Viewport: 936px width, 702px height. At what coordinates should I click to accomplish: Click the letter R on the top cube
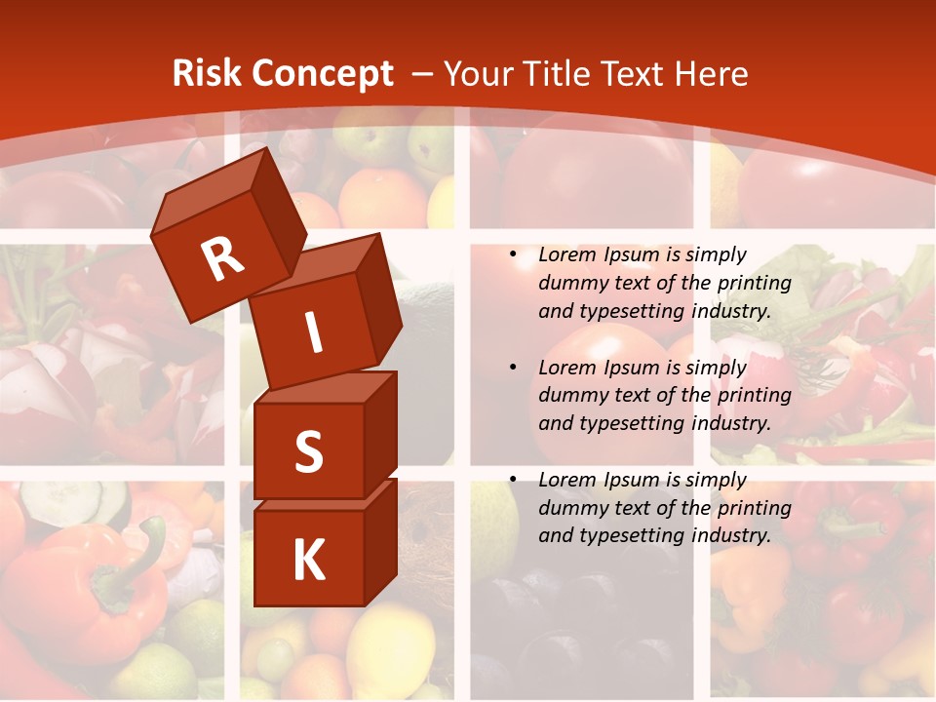click(222, 259)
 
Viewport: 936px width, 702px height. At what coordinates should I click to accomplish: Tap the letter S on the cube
click(308, 452)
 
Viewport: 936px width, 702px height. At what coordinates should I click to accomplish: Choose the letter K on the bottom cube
click(308, 561)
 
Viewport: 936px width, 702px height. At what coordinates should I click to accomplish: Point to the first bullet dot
click(513, 254)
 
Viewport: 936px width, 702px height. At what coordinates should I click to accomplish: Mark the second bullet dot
click(513, 368)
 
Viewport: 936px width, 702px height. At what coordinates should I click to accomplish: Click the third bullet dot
click(513, 480)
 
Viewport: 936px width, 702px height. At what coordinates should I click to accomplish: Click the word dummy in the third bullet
click(569, 508)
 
